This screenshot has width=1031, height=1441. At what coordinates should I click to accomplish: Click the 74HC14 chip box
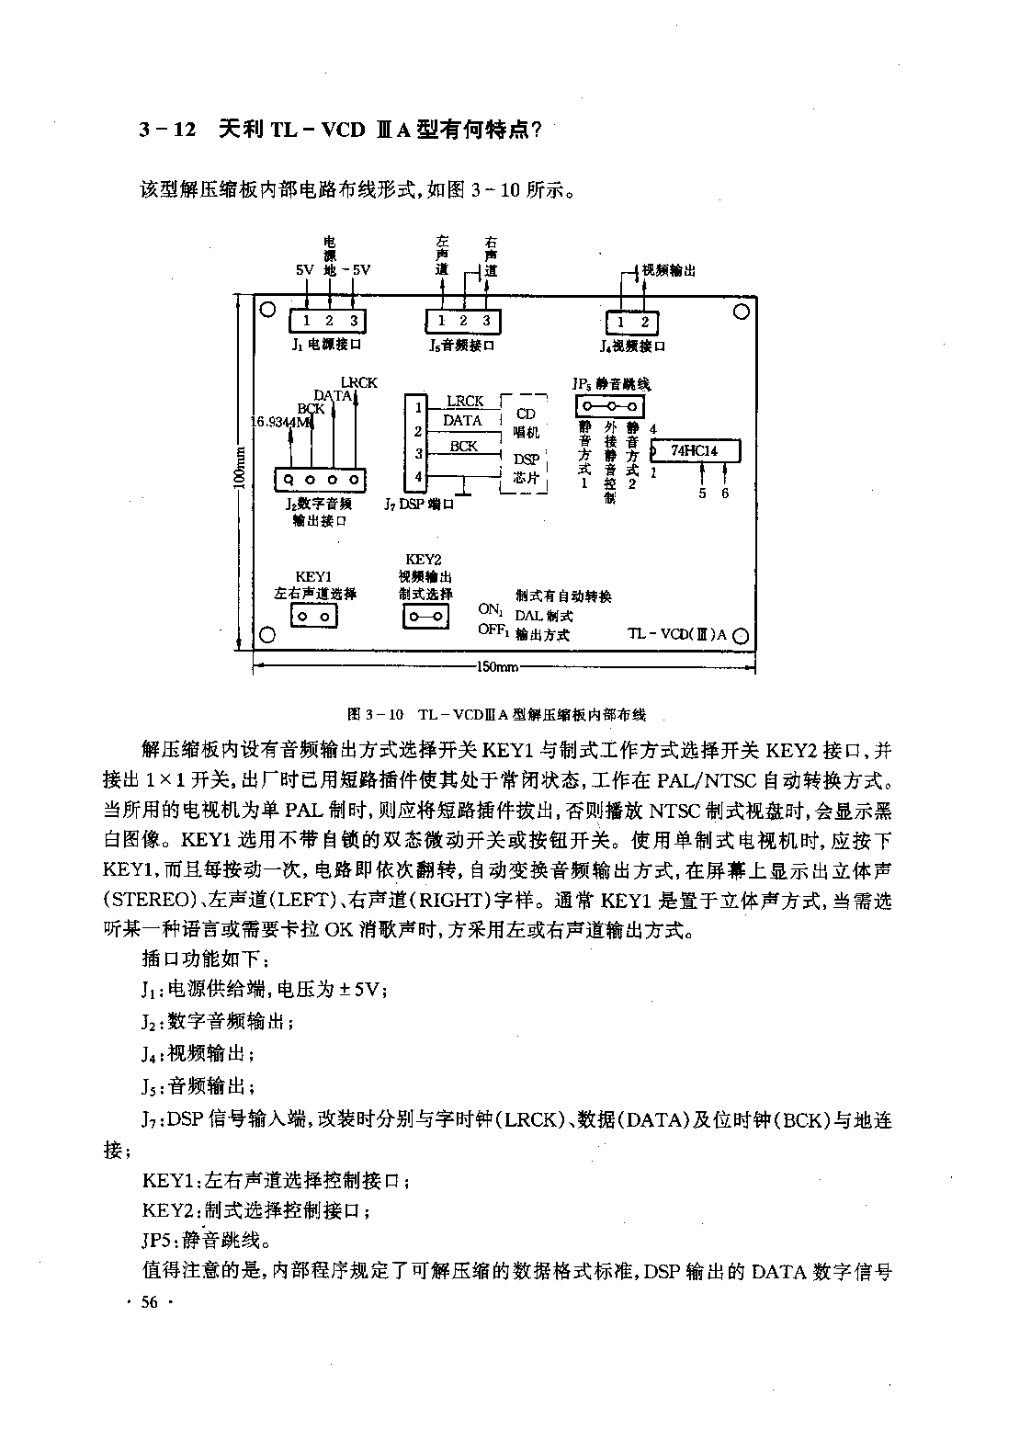tap(696, 451)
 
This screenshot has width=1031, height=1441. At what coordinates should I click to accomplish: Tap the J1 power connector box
tap(327, 321)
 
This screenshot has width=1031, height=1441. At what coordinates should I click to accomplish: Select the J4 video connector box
tap(632, 323)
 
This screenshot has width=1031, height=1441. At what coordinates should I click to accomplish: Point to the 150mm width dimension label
tap(497, 667)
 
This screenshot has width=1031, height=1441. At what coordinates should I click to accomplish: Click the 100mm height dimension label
tap(239, 468)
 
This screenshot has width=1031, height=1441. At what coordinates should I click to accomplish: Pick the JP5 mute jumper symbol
tap(610, 406)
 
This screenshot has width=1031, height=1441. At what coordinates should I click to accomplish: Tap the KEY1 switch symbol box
tap(314, 617)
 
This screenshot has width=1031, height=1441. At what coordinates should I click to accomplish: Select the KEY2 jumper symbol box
tap(425, 617)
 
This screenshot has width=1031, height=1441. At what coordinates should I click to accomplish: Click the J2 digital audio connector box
tap(321, 480)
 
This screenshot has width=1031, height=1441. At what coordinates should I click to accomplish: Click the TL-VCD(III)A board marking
tap(677, 634)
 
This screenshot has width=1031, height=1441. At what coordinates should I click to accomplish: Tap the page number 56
tap(149, 1303)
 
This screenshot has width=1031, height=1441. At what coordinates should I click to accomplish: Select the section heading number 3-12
tap(168, 130)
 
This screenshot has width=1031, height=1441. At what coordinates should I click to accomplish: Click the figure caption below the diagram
tap(496, 714)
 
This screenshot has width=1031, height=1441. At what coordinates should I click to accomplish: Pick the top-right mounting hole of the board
tap(742, 312)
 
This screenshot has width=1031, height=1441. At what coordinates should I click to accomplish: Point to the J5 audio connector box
tap(463, 321)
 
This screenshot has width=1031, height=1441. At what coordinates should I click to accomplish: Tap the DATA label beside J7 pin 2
tap(462, 421)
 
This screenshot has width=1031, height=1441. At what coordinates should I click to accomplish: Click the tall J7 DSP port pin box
tap(415, 443)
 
